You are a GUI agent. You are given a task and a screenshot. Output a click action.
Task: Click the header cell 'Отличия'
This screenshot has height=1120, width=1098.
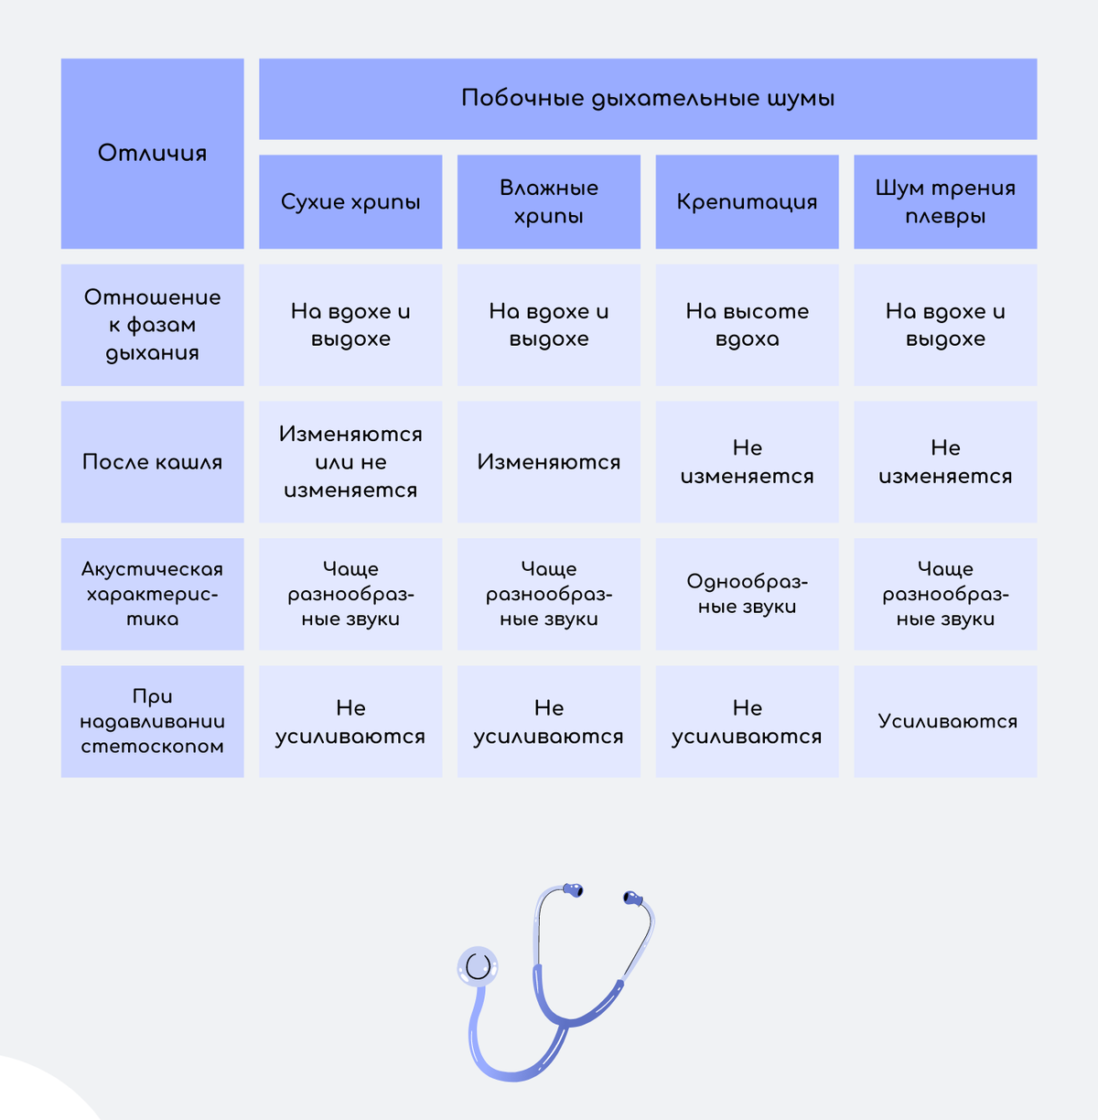[152, 154]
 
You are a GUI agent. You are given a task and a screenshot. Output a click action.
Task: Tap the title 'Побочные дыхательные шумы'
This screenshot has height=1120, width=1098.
[648, 98]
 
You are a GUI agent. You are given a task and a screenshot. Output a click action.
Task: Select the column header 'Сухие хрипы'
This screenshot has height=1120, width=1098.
[350, 201]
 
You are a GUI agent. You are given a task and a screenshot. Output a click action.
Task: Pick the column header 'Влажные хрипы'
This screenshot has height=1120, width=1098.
[549, 201]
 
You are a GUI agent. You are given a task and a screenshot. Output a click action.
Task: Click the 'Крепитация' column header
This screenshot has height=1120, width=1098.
[747, 201]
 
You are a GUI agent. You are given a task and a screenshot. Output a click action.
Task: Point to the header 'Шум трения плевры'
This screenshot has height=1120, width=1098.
[945, 201]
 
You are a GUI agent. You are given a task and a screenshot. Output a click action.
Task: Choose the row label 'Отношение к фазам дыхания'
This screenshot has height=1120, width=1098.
[152, 325]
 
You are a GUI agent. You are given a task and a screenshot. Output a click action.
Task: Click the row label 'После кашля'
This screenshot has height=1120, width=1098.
[152, 462]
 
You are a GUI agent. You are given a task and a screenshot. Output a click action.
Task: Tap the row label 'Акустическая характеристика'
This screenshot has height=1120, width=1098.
[152, 594]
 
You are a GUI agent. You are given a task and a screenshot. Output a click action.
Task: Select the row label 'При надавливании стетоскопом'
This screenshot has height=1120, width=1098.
[152, 721]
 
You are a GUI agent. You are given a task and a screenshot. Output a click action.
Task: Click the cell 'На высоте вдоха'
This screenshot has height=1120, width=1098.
[747, 325]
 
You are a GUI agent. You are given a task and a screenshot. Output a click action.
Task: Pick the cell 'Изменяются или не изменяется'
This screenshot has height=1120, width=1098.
[350, 462]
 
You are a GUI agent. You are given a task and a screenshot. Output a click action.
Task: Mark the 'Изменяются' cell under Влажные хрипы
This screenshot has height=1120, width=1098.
[549, 462]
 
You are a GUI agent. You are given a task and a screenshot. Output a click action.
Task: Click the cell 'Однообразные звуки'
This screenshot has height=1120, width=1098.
[747, 594]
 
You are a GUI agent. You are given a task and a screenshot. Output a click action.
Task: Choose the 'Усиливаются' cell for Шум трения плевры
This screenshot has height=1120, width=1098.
[945, 721]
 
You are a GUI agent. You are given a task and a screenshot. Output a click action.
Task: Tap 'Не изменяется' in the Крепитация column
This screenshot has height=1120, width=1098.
[747, 462]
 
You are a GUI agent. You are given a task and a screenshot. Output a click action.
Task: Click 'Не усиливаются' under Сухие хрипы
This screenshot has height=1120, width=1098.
[350, 721]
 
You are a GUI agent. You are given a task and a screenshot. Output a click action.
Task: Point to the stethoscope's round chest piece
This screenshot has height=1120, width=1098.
[478, 966]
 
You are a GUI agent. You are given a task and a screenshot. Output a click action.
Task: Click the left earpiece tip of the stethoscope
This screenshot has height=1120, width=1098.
[574, 889]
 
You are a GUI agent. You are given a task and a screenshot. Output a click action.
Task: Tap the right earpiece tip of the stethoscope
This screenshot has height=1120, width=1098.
[632, 899]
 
